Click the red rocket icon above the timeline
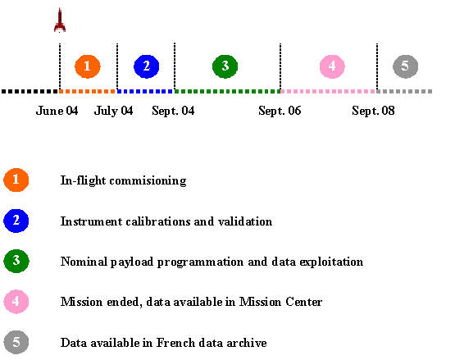tap(60, 20)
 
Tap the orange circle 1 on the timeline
tap(88, 66)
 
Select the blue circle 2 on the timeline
tap(147, 66)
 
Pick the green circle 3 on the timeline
tap(225, 66)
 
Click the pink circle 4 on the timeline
tap(332, 66)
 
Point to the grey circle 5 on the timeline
tap(406, 66)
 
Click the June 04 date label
tap(57, 111)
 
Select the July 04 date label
tap(113, 111)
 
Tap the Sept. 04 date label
tap(173, 111)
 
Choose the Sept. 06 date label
tap(280, 111)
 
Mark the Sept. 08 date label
tap(373, 111)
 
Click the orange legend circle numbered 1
tap(16, 180)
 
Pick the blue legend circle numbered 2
tap(16, 221)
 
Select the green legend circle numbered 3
tap(16, 261)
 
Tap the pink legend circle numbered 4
tap(16, 302)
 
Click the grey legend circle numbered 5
tap(16, 342)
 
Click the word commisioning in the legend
tap(148, 181)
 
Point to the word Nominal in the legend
tap(84, 262)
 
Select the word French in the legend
tap(175, 343)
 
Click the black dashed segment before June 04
tap(30, 92)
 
